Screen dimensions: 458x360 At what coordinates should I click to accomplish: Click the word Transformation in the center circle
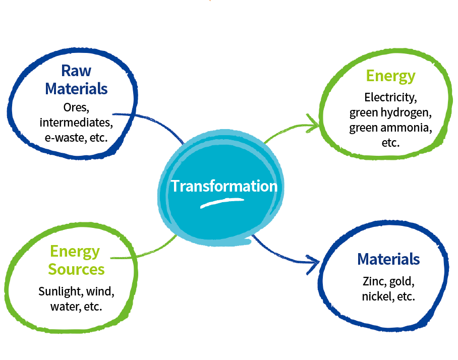click(224, 186)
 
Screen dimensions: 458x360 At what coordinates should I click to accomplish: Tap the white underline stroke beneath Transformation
click(222, 203)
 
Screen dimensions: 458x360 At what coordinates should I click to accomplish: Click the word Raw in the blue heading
click(76, 71)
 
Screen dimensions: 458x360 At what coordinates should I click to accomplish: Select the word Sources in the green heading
click(76, 269)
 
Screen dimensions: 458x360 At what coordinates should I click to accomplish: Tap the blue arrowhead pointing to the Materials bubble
click(313, 264)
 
